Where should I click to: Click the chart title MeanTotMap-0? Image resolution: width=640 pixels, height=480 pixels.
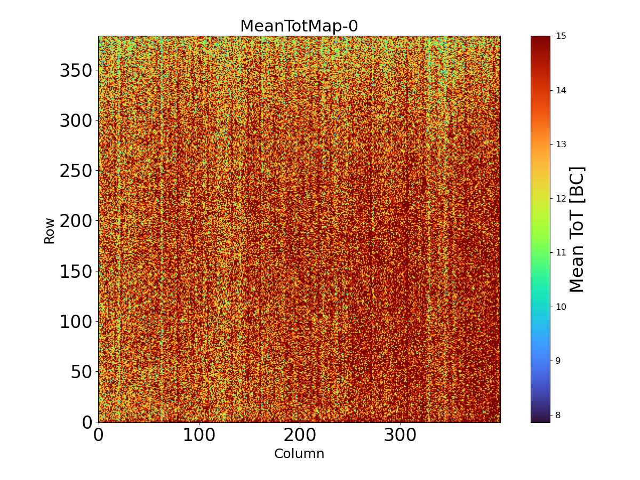point(299,26)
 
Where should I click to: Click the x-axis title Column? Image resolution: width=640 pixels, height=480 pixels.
point(299,454)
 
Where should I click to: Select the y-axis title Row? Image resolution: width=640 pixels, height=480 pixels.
point(50,230)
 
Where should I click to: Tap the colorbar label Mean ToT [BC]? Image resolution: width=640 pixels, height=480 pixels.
point(577,229)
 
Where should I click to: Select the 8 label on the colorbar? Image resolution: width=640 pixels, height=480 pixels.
point(558,415)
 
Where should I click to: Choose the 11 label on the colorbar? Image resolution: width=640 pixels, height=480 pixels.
point(561,252)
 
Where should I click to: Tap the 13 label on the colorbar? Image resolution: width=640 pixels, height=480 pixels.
point(561,144)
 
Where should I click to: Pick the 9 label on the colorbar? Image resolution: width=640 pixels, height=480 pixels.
point(558,361)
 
